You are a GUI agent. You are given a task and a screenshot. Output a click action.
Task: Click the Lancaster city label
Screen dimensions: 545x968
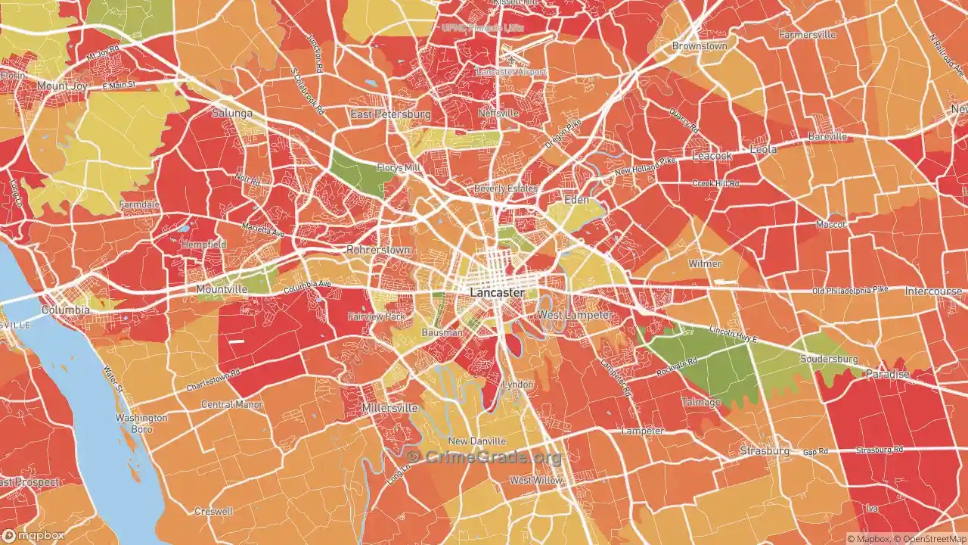point(497,292)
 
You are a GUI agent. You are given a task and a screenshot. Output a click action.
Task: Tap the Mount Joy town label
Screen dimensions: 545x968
point(64,86)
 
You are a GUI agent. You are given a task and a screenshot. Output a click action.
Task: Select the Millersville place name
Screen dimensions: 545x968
point(389,408)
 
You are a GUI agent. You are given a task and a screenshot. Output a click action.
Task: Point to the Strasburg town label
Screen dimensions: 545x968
point(764,450)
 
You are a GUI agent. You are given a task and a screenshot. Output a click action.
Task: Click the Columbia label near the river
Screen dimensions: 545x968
point(66,310)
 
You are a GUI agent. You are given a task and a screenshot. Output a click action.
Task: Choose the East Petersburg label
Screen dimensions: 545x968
point(389,114)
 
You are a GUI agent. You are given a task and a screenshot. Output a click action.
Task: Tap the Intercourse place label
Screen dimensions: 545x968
point(933,291)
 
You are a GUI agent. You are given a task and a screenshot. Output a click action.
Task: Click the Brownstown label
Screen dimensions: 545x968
point(700,46)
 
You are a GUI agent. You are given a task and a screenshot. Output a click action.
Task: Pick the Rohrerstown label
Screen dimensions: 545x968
point(378,250)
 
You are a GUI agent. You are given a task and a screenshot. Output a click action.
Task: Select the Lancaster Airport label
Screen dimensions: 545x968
point(510,72)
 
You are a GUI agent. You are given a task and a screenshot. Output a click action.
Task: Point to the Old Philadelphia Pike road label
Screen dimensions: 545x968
point(850,291)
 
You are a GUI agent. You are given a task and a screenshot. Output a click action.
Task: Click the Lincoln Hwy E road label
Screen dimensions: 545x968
point(734,334)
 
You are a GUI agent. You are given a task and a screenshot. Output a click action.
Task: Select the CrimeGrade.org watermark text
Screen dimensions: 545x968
point(485,457)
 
